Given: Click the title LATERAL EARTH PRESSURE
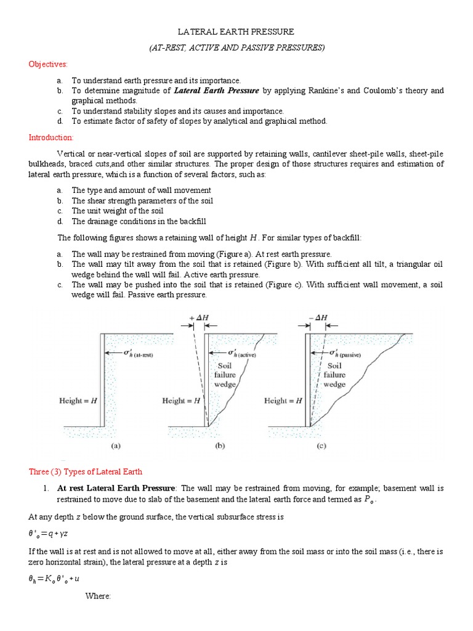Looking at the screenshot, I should tap(236, 31).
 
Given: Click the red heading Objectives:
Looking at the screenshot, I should tap(48, 64).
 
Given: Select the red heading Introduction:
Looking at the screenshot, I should tap(51, 137).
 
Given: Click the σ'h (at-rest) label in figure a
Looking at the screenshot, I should tap(135, 354).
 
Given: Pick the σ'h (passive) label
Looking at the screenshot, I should tap(344, 354).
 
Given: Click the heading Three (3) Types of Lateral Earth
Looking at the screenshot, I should tap(86, 471).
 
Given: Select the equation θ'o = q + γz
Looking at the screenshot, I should tap(52, 532).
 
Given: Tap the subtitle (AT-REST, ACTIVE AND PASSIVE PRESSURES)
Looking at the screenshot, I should tap(236, 47).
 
